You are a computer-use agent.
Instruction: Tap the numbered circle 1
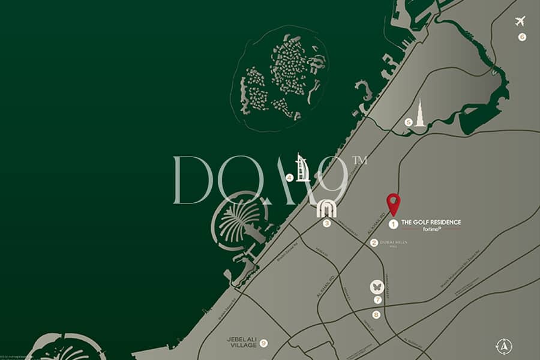[x=393, y=224]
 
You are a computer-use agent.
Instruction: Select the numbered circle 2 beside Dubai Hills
[x=374, y=243]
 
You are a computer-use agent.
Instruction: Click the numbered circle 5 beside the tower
[x=409, y=122]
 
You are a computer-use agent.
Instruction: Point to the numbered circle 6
[x=522, y=37]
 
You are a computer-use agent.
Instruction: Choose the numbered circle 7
[x=377, y=299]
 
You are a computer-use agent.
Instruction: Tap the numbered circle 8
[x=376, y=315]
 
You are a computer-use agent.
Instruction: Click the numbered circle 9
[x=263, y=343]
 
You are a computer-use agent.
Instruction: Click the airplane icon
[x=520, y=21]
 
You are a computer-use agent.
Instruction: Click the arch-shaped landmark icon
[x=326, y=208]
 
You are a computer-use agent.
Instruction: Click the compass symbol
[x=504, y=346]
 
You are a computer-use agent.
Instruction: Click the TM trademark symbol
[x=359, y=160]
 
